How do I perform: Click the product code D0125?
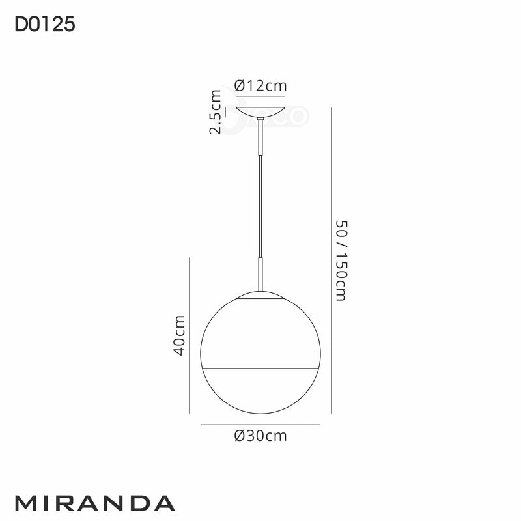tap(44, 25)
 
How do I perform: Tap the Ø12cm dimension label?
tap(260, 85)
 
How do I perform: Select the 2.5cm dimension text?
tap(216, 112)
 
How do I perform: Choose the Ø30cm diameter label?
tap(260, 436)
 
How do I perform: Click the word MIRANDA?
tap(94, 503)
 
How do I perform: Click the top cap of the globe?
tap(260, 296)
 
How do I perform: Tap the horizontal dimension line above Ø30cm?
tap(260, 425)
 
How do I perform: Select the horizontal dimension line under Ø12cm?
tap(260, 97)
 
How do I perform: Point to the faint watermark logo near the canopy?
tap(290, 117)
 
